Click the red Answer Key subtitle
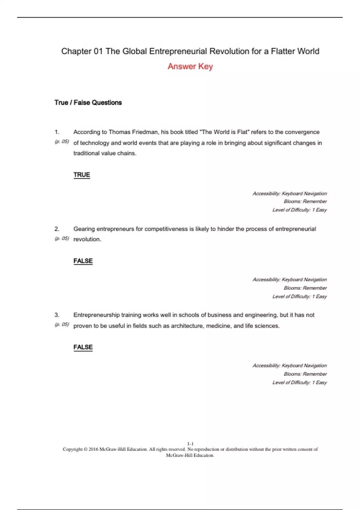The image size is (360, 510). coord(190,66)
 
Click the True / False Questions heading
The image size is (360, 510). coord(88,103)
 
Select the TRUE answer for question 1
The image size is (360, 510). coord(82,175)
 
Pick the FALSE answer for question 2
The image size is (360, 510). coord(83,261)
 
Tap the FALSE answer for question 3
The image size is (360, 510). coord(83,347)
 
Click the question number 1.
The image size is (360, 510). coord(57,132)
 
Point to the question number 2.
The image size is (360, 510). coord(57,229)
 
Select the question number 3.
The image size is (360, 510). coord(57,315)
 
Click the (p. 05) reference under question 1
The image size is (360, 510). coord(62,142)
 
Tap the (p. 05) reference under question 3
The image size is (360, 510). coord(62,325)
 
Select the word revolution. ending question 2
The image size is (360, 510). coord(87,239)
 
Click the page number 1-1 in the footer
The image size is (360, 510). coord(190,444)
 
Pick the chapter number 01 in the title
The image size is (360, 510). coord(98,51)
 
